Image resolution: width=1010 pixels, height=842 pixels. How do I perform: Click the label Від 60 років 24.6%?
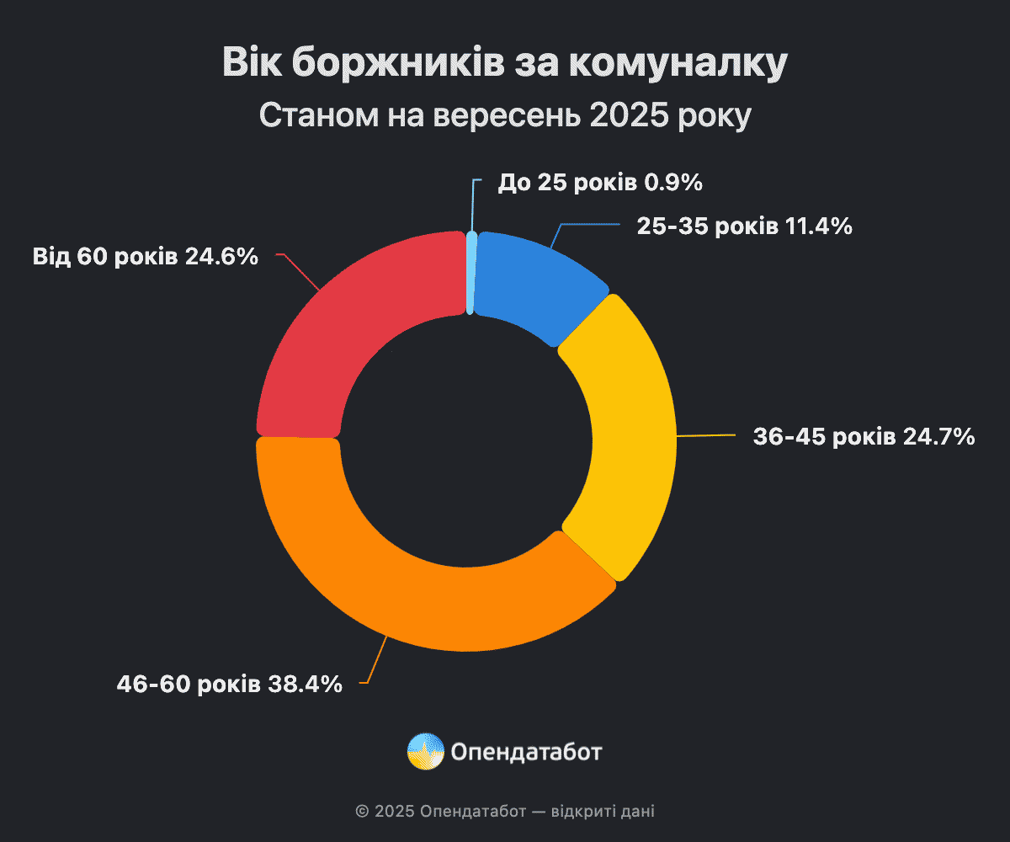[145, 256]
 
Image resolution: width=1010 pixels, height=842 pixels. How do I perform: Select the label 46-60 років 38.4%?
[229, 684]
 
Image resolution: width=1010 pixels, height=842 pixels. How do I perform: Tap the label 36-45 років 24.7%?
[864, 437]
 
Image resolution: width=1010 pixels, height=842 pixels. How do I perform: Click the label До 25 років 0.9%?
[600, 182]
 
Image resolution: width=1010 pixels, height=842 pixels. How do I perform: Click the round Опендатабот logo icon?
[425, 751]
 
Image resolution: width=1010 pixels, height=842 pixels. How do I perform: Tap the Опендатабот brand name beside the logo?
[526, 751]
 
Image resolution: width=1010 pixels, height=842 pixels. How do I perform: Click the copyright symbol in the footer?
[362, 812]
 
